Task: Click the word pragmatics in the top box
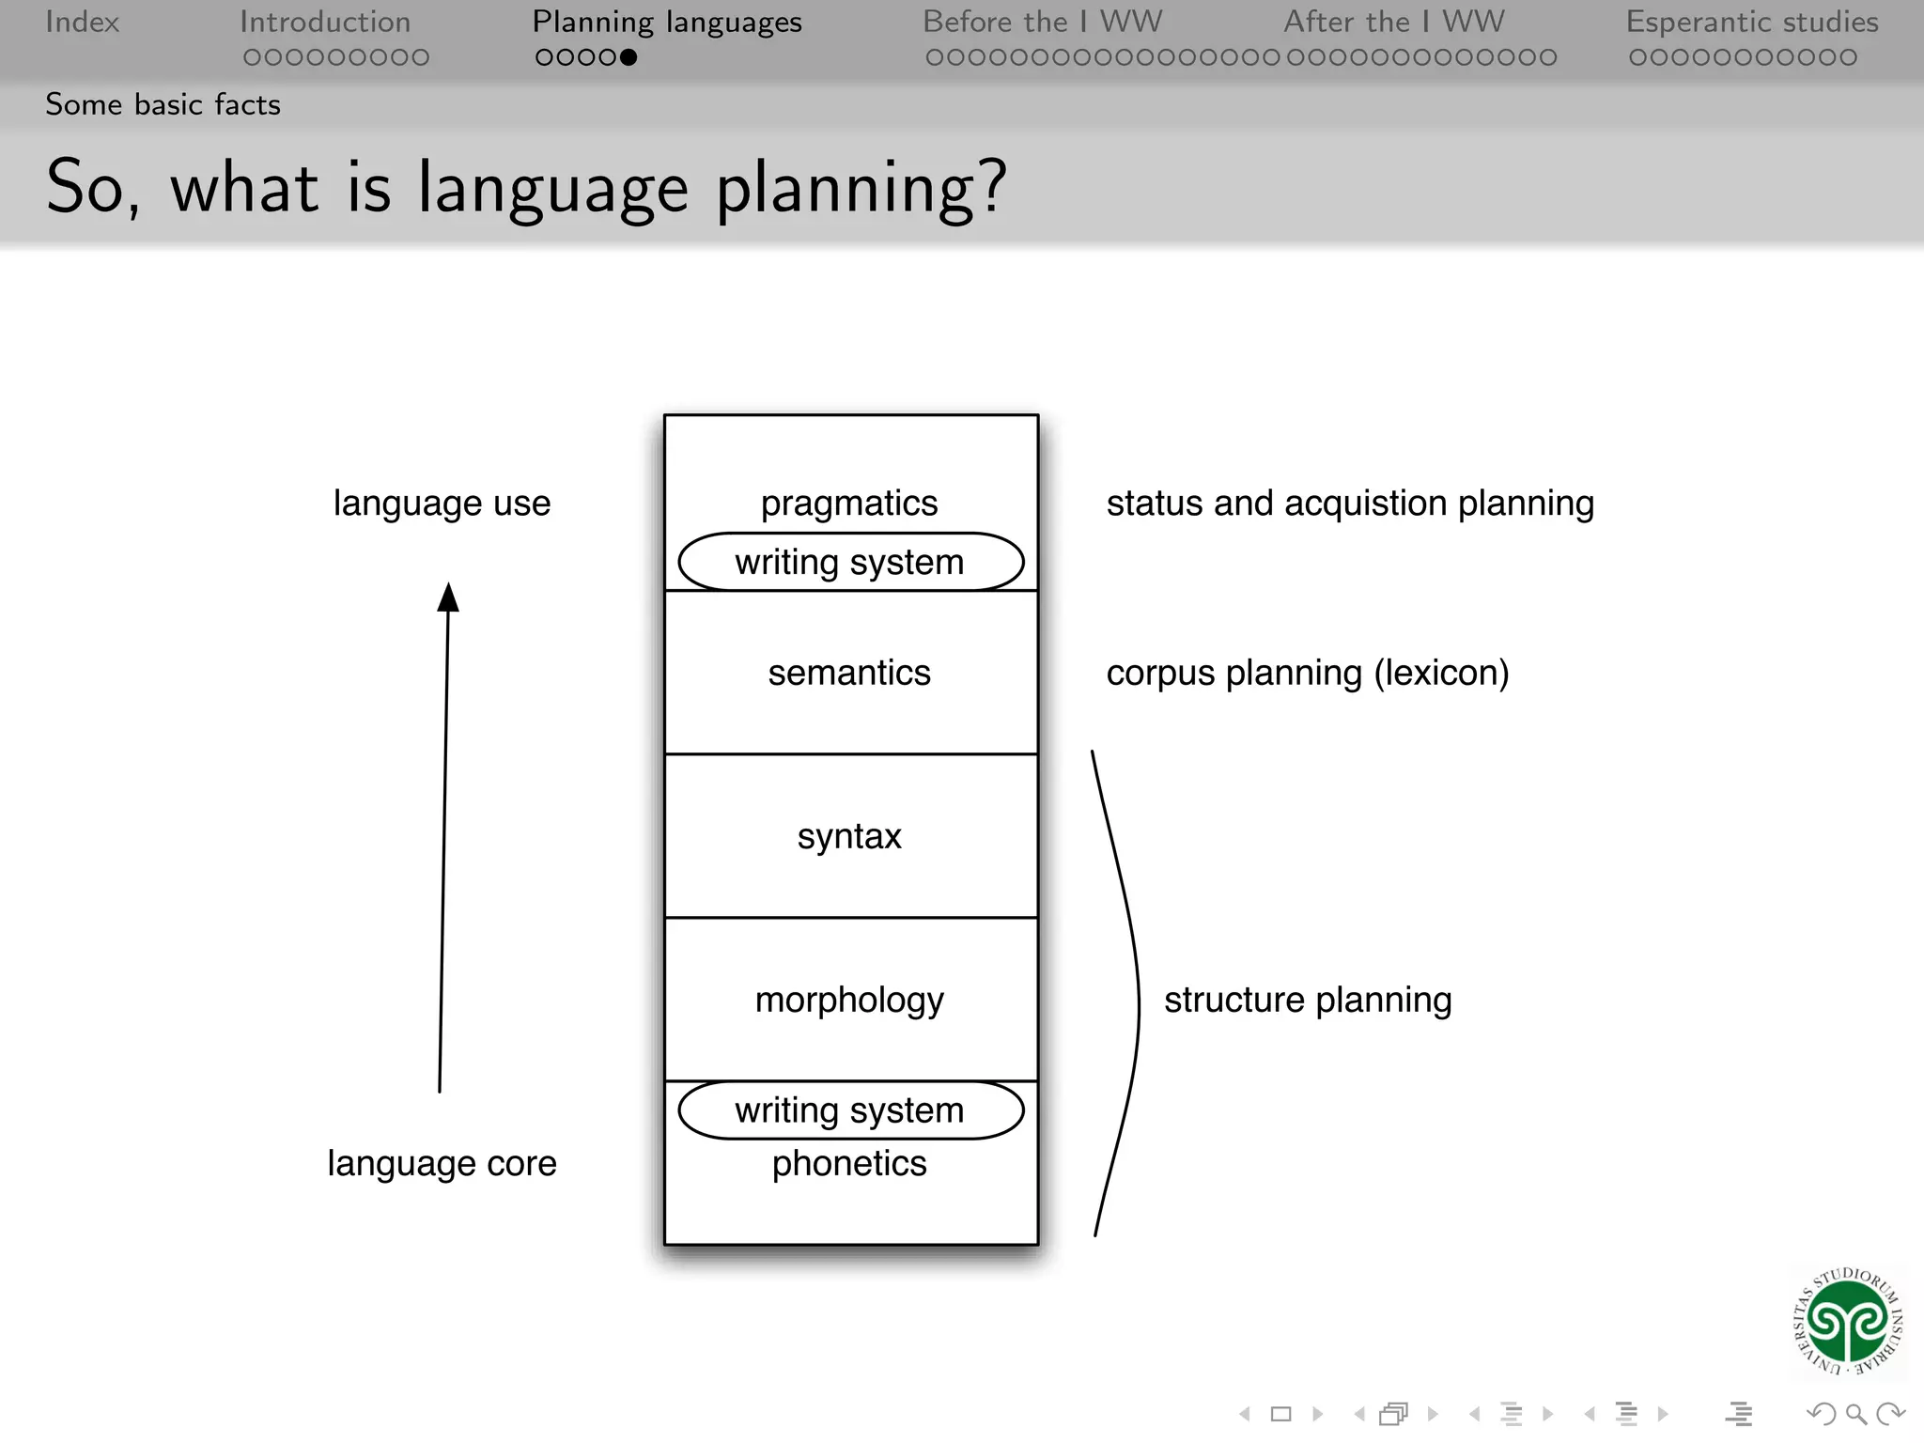(x=848, y=504)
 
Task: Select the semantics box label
(x=848, y=673)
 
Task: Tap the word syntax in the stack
(x=848, y=836)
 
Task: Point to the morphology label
(x=848, y=1000)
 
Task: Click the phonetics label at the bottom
(x=848, y=1163)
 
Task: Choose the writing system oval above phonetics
(x=850, y=1110)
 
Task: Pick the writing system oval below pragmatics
(x=850, y=562)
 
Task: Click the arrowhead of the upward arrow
(x=448, y=597)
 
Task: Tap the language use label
(x=442, y=504)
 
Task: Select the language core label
(x=442, y=1163)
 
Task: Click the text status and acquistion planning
(x=1349, y=504)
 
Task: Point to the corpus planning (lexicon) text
(x=1307, y=673)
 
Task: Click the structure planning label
(x=1307, y=1000)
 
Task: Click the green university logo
(x=1847, y=1321)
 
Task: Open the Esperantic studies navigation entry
(x=1751, y=22)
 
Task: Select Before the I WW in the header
(x=1042, y=22)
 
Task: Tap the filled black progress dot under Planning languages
(x=628, y=57)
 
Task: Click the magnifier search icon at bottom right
(x=1855, y=1413)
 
